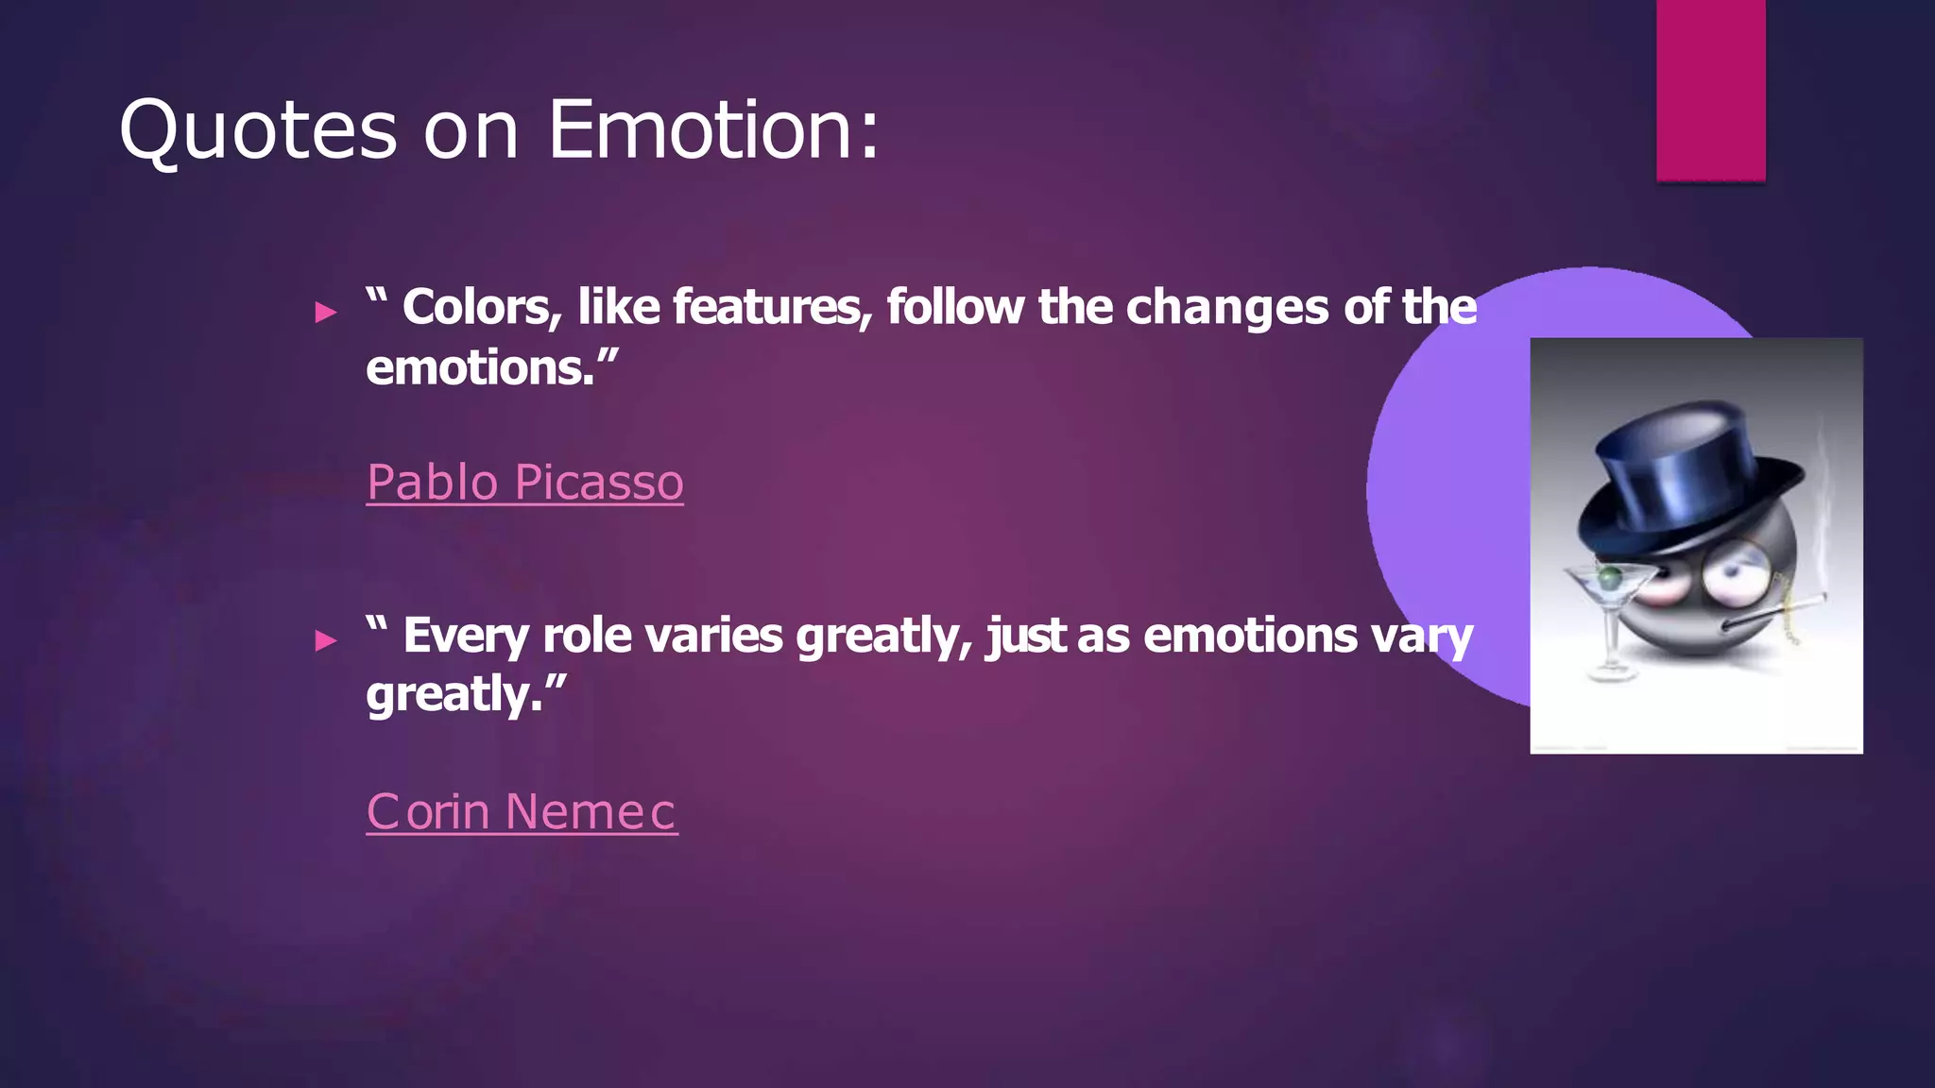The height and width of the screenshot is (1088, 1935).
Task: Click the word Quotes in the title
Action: pos(258,130)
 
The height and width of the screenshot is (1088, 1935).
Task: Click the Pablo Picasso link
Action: pos(524,483)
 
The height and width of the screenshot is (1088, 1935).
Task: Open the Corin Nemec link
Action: pos(522,811)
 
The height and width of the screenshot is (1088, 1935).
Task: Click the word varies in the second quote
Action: pos(713,636)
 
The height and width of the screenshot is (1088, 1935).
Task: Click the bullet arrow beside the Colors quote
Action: pos(326,312)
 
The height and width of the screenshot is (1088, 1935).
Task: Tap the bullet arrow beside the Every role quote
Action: pos(326,640)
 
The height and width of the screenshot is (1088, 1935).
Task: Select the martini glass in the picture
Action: pos(1611,614)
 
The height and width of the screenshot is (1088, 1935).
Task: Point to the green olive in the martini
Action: pos(1608,575)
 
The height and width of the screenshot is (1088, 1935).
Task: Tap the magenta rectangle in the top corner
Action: pos(1710,90)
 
